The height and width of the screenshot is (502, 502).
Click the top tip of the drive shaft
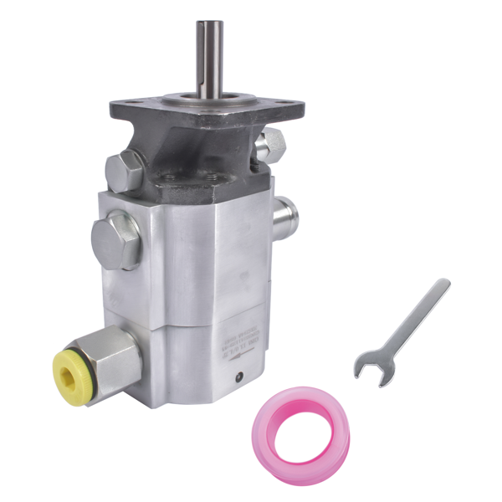(209, 24)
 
